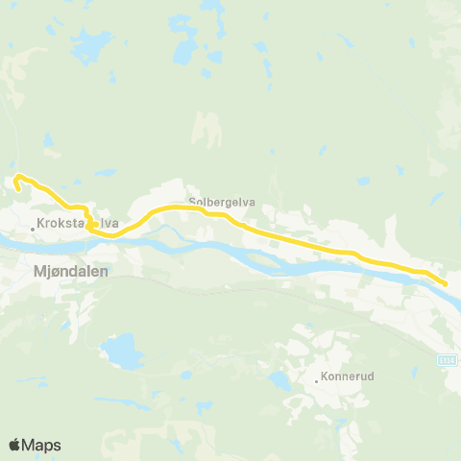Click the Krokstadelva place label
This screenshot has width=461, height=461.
coord(77,225)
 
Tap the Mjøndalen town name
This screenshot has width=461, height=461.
coord(71,272)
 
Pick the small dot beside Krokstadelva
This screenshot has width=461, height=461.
coord(32,229)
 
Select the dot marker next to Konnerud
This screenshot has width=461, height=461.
coord(317,380)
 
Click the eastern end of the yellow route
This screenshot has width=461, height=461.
coord(446,282)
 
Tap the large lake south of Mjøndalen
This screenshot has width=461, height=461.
coord(122,352)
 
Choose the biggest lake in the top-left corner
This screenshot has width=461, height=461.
coord(92,44)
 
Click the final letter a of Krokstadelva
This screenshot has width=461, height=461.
coord(115,225)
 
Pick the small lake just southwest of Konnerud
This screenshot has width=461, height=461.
coord(279,380)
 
